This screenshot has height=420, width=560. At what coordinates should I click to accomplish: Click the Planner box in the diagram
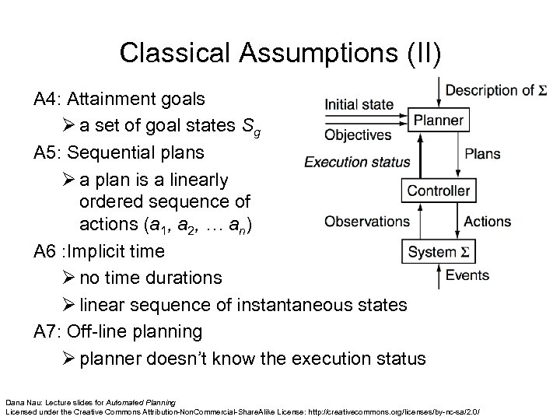pyautogui.click(x=439, y=121)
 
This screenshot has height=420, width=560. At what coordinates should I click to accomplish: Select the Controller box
pyautogui.click(x=439, y=190)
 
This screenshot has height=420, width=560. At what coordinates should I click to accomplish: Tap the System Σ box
pyautogui.click(x=439, y=252)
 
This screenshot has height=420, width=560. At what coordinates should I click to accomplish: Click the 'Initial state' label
pyautogui.click(x=359, y=104)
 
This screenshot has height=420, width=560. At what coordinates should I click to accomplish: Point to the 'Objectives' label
pyautogui.click(x=358, y=135)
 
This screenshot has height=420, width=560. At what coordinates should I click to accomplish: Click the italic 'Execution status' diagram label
pyautogui.click(x=356, y=163)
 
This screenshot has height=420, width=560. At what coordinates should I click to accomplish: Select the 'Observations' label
pyautogui.click(x=367, y=221)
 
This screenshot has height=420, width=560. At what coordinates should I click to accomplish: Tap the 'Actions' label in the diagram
pyautogui.click(x=488, y=221)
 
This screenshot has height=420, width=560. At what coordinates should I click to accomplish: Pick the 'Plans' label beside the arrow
pyautogui.click(x=482, y=153)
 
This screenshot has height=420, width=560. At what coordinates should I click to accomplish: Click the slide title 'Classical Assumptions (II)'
pyautogui.click(x=279, y=52)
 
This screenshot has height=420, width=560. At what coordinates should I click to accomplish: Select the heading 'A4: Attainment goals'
pyautogui.click(x=119, y=100)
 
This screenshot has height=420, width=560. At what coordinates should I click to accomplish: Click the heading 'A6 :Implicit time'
pyautogui.click(x=100, y=251)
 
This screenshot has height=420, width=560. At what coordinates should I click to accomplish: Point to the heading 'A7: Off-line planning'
pyautogui.click(x=118, y=331)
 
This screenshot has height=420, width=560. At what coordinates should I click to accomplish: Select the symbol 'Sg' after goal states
pyautogui.click(x=260, y=126)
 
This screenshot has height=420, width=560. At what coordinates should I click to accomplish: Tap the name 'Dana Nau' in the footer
pyautogui.click(x=21, y=397)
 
